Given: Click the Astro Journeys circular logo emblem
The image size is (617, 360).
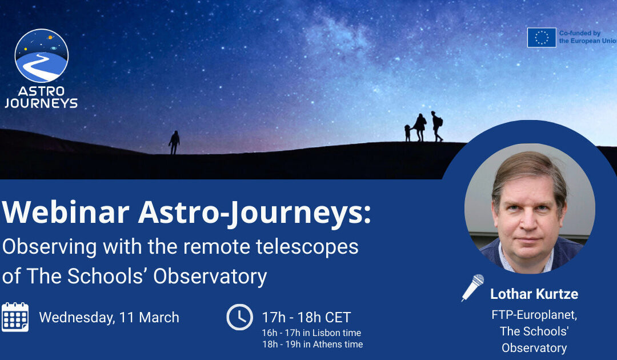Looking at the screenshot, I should pos(42,55).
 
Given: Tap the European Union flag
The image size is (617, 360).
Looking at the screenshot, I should pos(541,38).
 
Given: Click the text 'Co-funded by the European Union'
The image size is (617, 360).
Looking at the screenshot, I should pos(588,37).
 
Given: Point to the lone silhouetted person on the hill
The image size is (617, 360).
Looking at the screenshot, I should pos(174,142).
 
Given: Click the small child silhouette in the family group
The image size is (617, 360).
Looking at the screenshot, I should pos(408,133).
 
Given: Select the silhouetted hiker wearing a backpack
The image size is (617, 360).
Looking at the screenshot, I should pos(436,126).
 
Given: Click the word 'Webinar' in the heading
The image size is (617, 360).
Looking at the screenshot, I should pos(65,213).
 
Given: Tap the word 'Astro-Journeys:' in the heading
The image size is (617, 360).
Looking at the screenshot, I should pos(254,213).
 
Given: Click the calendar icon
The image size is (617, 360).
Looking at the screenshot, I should pos(15,317).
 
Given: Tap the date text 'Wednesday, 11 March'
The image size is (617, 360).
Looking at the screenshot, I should pos(109,317).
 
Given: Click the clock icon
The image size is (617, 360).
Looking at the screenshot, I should pos(239,317).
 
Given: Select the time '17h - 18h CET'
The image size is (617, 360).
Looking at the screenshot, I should pos(306,317).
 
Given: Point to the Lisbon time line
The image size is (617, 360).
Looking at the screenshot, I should pos(311,333).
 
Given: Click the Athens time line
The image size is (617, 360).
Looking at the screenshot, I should pos(312,344).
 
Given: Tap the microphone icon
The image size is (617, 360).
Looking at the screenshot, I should pos(473,287).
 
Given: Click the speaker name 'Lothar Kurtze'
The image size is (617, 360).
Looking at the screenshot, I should pos(534,294).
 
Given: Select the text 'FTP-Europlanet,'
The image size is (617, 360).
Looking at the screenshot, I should pos(534,314).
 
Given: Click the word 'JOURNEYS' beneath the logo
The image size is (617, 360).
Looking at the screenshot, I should pos(41,103).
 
